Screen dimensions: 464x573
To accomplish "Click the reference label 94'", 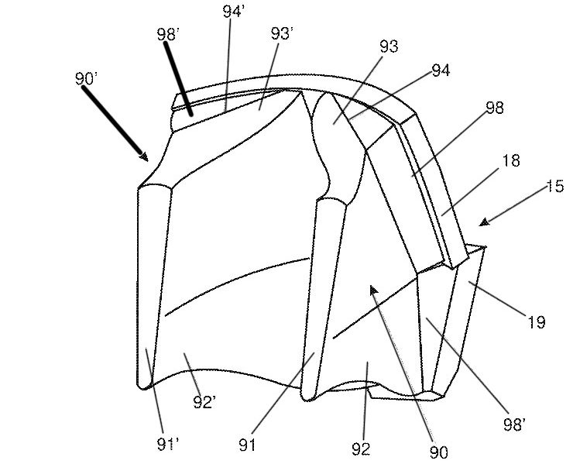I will (x=232, y=12).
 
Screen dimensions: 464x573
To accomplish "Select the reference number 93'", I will (x=281, y=34).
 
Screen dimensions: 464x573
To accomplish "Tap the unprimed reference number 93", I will (x=389, y=46).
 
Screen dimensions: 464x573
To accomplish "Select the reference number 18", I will (x=510, y=160).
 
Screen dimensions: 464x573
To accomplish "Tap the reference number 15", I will (x=554, y=186).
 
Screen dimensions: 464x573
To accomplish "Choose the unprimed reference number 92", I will (x=361, y=448).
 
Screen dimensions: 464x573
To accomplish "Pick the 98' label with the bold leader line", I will (x=169, y=36).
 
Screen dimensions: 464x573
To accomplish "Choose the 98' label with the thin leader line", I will (x=515, y=424).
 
